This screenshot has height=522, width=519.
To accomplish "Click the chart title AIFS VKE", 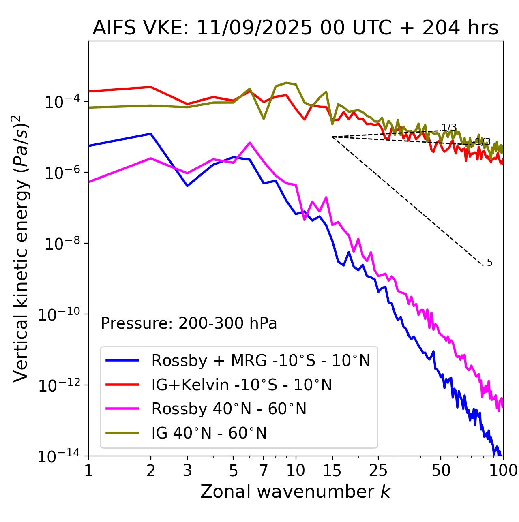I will point(295,28).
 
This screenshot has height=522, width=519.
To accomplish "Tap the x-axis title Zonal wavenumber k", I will point(295,491).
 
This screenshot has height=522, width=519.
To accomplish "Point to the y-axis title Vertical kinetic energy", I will point(21,248).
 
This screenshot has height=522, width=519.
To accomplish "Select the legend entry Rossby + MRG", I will point(260,360).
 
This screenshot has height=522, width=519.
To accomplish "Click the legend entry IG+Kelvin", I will point(241,385).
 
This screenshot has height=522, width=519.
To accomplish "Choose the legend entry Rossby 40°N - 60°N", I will point(229,409).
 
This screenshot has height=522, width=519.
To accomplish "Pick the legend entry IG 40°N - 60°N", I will point(209,433).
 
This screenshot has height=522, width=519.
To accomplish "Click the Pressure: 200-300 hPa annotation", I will point(189,323).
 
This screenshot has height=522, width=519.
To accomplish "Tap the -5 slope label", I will point(489,263).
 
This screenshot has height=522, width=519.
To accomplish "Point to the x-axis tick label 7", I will point(264,471).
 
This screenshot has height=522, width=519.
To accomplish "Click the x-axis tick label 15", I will point(332,471).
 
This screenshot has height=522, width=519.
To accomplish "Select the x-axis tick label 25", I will point(378,471).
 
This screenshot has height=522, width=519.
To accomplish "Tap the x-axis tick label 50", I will point(441,471).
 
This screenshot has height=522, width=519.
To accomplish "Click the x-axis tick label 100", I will point(503,471).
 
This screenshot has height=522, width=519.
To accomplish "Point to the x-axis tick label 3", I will point(187,471).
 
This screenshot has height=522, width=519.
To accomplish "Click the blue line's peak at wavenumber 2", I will point(151,134).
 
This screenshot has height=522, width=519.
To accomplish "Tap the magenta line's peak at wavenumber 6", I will point(250,143).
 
